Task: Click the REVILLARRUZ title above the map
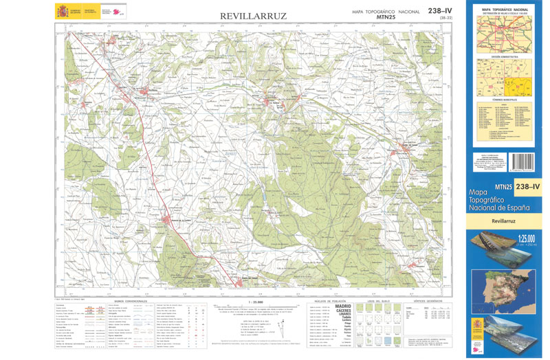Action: (254, 15)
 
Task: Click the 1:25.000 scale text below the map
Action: (254, 302)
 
